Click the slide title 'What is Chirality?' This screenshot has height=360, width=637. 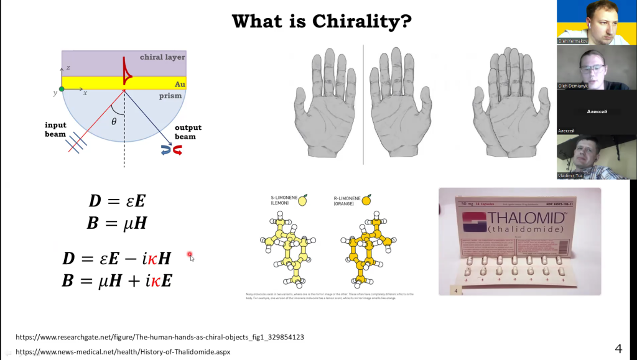[x=321, y=21]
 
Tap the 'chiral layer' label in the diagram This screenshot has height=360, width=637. [x=162, y=57]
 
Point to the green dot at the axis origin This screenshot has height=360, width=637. [x=62, y=89]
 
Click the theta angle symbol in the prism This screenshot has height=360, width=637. [x=114, y=122]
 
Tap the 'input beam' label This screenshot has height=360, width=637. [x=55, y=129]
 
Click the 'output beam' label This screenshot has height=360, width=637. [x=188, y=132]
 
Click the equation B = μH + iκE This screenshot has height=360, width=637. [x=117, y=280]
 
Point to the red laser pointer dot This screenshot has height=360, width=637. [x=190, y=255]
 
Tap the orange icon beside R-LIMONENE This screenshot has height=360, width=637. [x=367, y=199]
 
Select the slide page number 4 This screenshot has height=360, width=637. [x=618, y=348]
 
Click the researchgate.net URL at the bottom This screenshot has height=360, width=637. [x=160, y=337]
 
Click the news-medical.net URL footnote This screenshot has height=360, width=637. [x=123, y=351]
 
